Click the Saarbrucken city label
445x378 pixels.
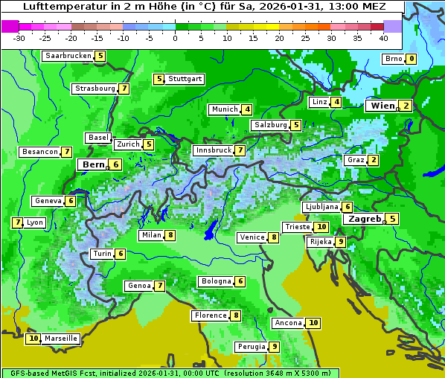[x=68, y=56]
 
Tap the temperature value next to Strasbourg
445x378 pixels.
[x=124, y=89]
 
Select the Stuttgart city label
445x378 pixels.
[x=185, y=79]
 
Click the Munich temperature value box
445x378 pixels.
[x=246, y=109]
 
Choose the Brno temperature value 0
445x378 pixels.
[x=411, y=59]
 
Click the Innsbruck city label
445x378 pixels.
[x=213, y=150]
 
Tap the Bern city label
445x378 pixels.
[x=93, y=164]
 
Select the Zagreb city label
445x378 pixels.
[x=365, y=219]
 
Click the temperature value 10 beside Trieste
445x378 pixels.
[x=321, y=227]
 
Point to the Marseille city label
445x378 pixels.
[x=61, y=339]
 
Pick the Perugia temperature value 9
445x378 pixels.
[x=274, y=347]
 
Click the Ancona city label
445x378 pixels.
[x=288, y=323]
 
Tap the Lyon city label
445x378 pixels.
[x=34, y=222]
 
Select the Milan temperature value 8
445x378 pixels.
[x=170, y=235]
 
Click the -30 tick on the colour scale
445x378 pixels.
[x=19, y=38]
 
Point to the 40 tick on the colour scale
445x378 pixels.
[x=383, y=38]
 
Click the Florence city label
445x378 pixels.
[x=210, y=315]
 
